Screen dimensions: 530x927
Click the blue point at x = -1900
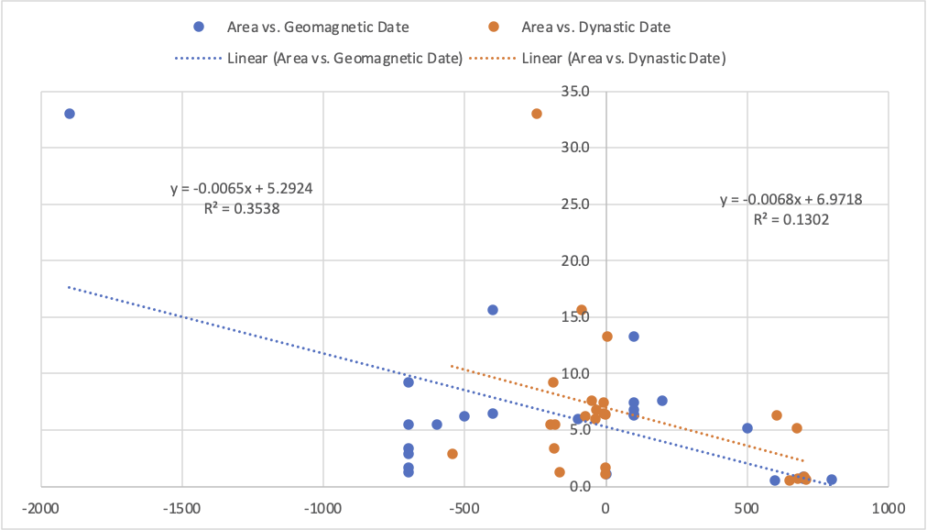(70, 114)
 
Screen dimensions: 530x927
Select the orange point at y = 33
(537, 114)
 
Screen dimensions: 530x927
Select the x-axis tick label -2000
(40, 507)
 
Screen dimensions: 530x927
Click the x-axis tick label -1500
(181, 507)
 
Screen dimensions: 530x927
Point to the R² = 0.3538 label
(242, 208)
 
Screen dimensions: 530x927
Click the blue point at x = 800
(832, 480)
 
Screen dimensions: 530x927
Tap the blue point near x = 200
(662, 401)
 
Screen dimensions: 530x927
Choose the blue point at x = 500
(747, 428)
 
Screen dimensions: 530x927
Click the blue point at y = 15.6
(493, 310)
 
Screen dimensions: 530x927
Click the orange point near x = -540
(453, 454)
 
